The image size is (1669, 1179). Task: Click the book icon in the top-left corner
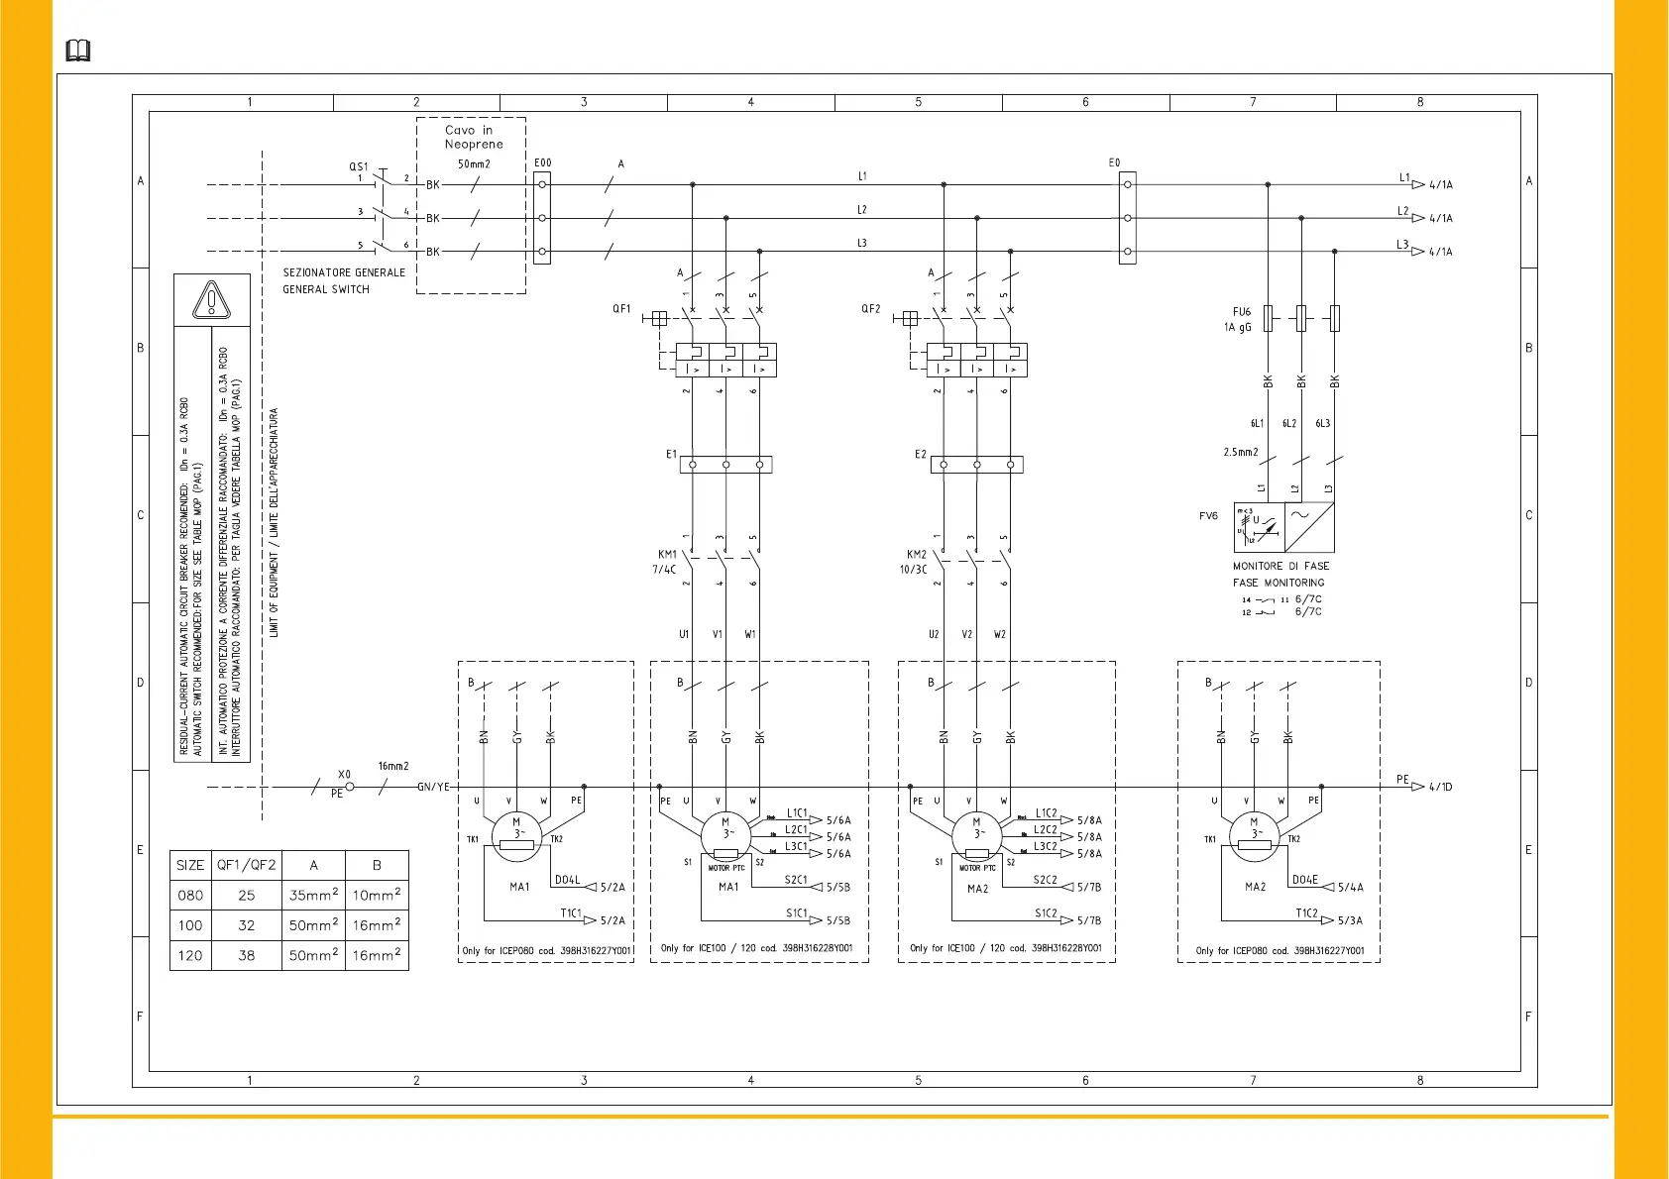coord(78,51)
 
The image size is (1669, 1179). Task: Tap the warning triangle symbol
coord(211,300)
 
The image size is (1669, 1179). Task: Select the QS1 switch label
coord(358,167)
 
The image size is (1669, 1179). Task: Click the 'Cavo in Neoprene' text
coord(469,137)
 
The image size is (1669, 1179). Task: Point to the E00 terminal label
coord(542,163)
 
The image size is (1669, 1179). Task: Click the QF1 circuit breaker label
coord(621,309)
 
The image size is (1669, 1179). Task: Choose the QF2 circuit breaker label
coord(870,309)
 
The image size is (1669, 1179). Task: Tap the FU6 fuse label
coord(1242,311)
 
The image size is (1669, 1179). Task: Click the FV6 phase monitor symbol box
coord(1284,527)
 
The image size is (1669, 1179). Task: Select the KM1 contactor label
coord(667,555)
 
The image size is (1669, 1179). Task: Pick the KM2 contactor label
coord(917,555)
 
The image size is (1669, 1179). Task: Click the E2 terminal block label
coord(921,455)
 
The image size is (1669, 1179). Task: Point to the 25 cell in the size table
coord(247,896)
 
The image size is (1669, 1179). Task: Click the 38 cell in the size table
coord(247,956)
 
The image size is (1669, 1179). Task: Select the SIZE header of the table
coord(190,865)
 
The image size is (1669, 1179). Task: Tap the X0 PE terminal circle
coord(350,787)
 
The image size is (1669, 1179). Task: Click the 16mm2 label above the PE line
coord(393,766)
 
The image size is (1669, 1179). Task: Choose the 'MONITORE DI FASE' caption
coord(1280,567)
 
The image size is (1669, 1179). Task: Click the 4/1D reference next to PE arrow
coord(1440,788)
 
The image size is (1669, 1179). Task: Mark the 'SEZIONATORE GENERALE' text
coord(344,272)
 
